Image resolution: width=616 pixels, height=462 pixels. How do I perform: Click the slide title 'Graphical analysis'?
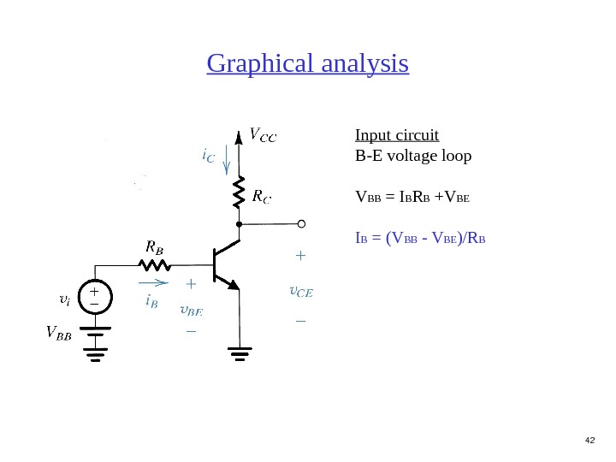[308, 64]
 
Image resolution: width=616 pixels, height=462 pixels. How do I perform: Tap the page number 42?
[589, 440]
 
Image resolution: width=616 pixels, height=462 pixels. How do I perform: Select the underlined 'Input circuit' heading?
[397, 135]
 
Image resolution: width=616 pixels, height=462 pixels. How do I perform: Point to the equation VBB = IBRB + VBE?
[412, 199]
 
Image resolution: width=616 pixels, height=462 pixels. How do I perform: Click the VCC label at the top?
[262, 133]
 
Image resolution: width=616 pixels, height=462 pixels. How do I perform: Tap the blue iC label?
[208, 157]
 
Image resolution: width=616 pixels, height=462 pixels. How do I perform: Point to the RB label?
[154, 246]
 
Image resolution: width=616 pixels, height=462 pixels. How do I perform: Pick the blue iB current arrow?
[154, 280]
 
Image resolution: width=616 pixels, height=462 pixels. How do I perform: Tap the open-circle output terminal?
[301, 224]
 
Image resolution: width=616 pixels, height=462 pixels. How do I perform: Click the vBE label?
[192, 310]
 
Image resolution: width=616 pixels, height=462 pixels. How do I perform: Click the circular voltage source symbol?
[94, 298]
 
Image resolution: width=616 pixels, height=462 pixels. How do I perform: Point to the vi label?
[64, 300]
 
